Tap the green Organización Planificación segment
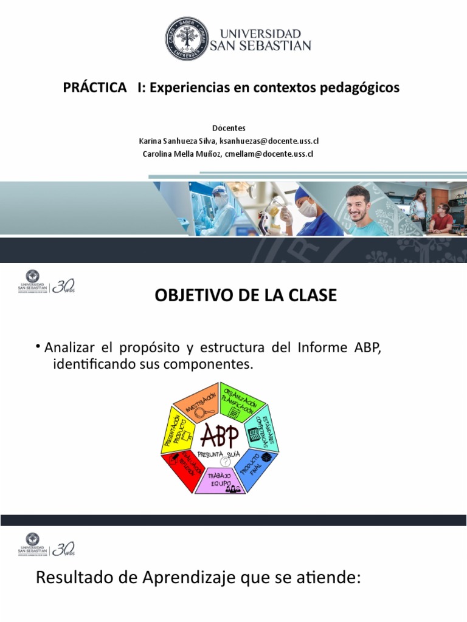[241, 402]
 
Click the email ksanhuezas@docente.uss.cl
[269, 141]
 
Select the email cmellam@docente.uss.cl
[269, 154]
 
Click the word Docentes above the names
[229, 128]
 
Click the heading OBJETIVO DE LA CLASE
[246, 296]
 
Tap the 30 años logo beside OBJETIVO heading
[63, 285]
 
